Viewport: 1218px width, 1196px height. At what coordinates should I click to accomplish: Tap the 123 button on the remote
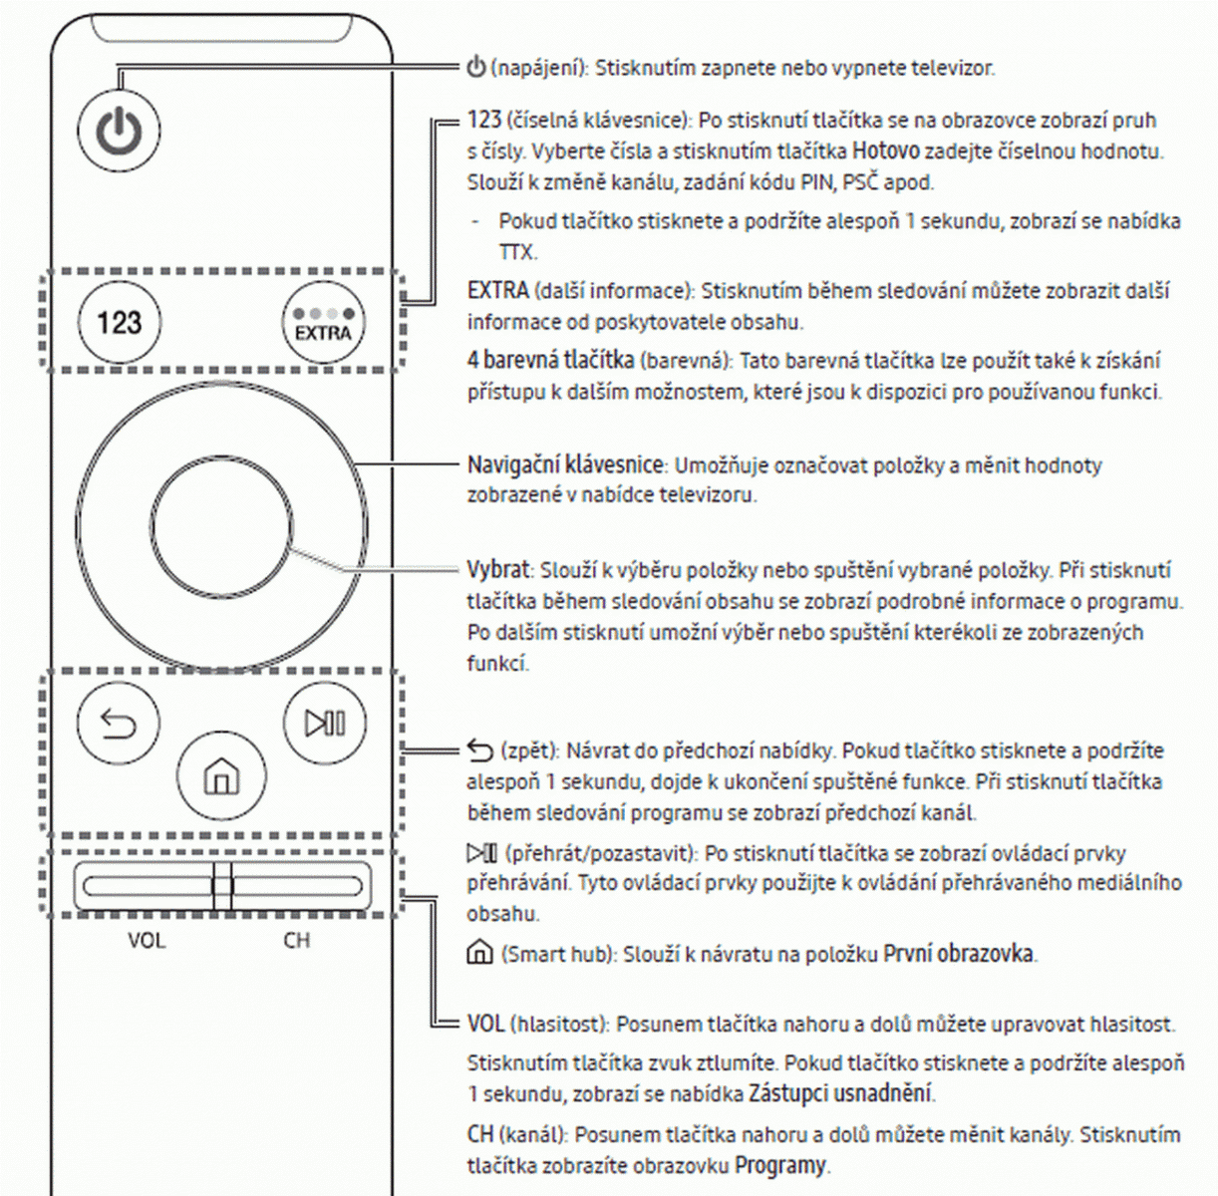tap(119, 322)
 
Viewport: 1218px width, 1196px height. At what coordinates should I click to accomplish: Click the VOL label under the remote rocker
tap(147, 940)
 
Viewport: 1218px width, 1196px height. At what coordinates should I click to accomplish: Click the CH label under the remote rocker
tap(297, 940)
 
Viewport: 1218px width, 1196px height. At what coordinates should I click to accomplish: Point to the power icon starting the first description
tap(476, 68)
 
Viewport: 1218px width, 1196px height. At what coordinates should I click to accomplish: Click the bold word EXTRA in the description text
tap(497, 291)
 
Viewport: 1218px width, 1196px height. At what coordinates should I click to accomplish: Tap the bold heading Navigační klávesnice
tap(564, 464)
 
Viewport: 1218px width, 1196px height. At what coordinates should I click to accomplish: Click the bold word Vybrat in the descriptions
tap(497, 570)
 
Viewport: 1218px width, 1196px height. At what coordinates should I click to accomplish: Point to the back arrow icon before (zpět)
tap(479, 750)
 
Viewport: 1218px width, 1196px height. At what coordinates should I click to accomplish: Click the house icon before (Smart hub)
tap(479, 954)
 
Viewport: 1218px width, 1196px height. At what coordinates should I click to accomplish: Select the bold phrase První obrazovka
tap(959, 954)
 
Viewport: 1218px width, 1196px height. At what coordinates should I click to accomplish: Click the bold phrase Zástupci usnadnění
tap(840, 1093)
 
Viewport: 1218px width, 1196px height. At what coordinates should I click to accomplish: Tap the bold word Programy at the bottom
tap(780, 1165)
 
